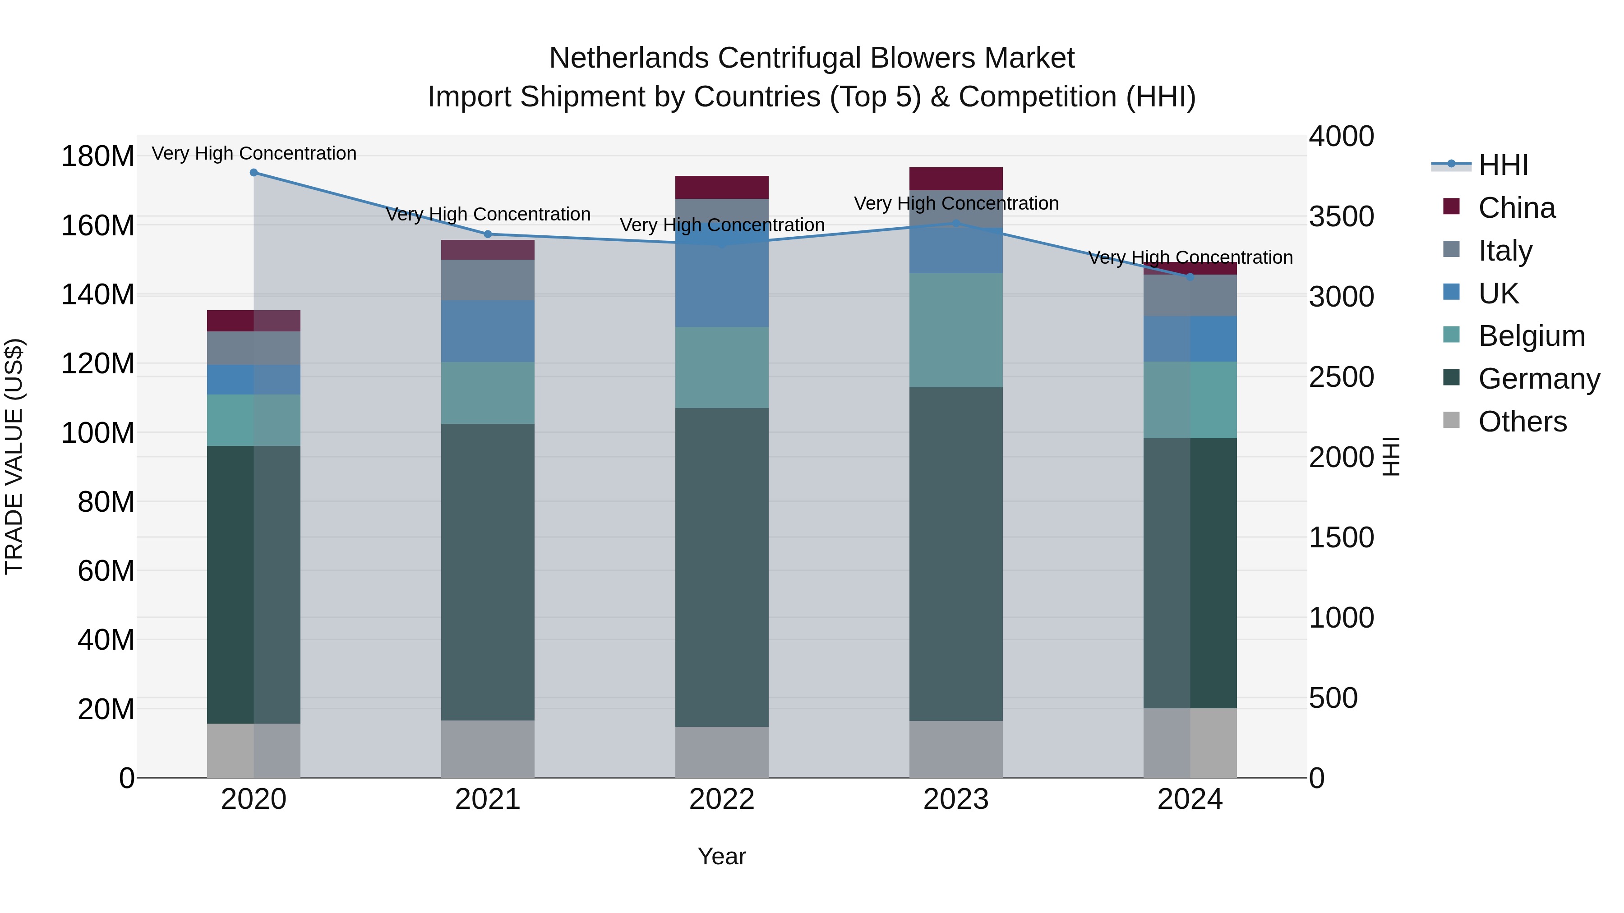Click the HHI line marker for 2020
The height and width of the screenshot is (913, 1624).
[254, 172]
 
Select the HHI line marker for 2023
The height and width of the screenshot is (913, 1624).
[956, 223]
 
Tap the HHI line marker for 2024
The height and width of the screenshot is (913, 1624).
[1190, 277]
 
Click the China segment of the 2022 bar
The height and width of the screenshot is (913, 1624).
[722, 187]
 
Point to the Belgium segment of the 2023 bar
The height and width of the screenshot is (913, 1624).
[956, 330]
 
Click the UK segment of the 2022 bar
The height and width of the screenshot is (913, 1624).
[722, 284]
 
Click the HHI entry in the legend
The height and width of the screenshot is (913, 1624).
[1503, 165]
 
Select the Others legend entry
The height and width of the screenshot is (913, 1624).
[1522, 422]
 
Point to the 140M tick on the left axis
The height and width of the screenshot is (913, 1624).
[98, 294]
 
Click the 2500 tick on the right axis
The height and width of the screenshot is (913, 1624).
[1341, 377]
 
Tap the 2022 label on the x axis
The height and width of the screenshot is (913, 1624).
[722, 799]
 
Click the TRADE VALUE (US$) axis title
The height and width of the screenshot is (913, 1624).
[14, 456]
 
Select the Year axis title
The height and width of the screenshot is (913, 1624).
[722, 856]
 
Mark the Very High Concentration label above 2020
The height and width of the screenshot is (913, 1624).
[254, 153]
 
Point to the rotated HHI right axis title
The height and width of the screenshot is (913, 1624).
[1391, 456]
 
